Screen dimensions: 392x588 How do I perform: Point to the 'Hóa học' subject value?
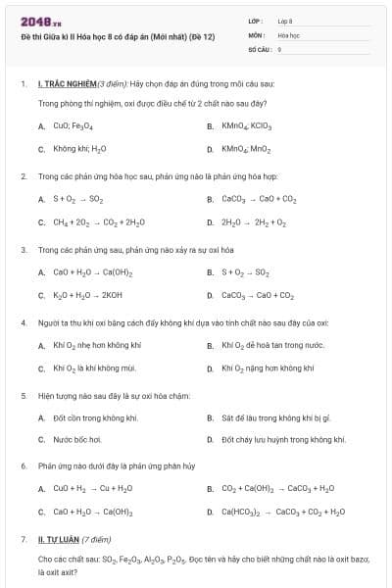[288, 34]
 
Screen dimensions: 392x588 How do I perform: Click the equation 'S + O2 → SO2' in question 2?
[78, 199]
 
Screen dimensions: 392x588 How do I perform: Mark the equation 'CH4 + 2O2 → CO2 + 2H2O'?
[99, 222]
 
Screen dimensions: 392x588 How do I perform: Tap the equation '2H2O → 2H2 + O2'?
[254, 222]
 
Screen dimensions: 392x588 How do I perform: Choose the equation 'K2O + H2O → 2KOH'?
[88, 295]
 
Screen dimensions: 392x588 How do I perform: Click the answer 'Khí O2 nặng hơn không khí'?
[268, 368]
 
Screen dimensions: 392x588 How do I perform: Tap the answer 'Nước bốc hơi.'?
[77, 440]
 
